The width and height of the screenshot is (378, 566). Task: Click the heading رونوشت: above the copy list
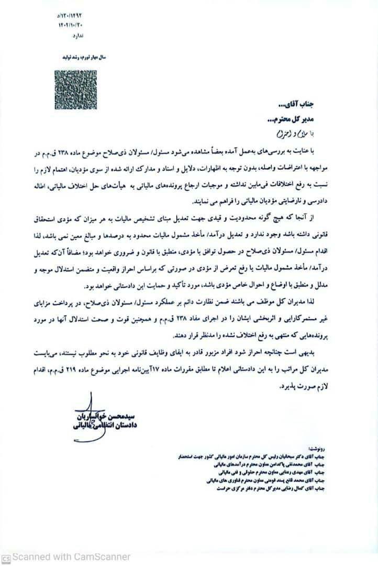[318, 449]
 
